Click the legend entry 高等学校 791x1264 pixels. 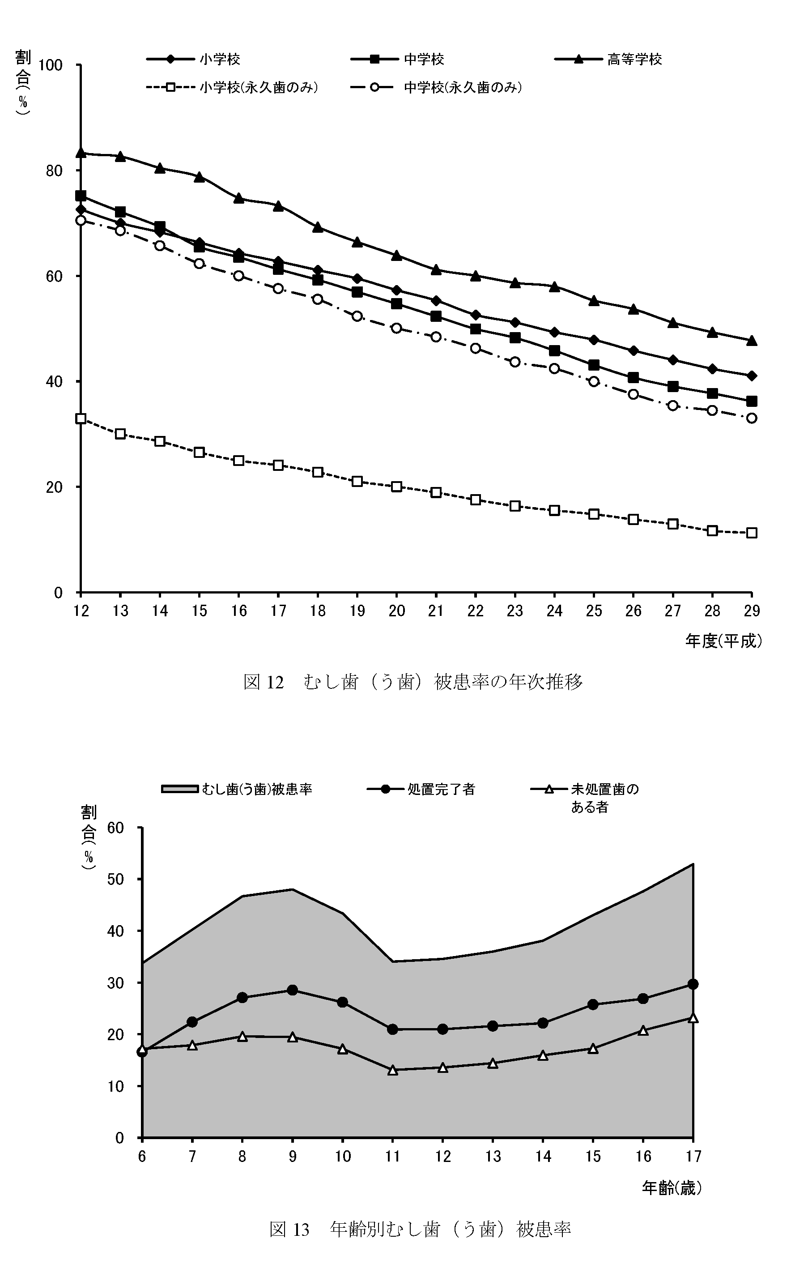(x=634, y=60)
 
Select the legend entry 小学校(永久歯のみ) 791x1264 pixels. (x=259, y=87)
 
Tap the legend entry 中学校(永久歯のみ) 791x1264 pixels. (x=463, y=87)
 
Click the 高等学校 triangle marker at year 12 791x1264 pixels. (x=81, y=152)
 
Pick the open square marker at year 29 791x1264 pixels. (x=751, y=533)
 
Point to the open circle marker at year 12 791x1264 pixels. (x=81, y=220)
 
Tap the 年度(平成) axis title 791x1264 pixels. (x=723, y=641)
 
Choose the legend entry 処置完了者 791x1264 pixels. (x=441, y=789)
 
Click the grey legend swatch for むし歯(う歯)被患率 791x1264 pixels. (x=179, y=789)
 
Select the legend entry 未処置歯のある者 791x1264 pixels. (x=604, y=797)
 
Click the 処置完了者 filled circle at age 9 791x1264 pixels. (x=293, y=990)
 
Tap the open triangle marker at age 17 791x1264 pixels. (x=693, y=1018)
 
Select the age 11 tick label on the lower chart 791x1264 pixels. (x=392, y=1156)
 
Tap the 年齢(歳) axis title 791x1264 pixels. (x=671, y=1189)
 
